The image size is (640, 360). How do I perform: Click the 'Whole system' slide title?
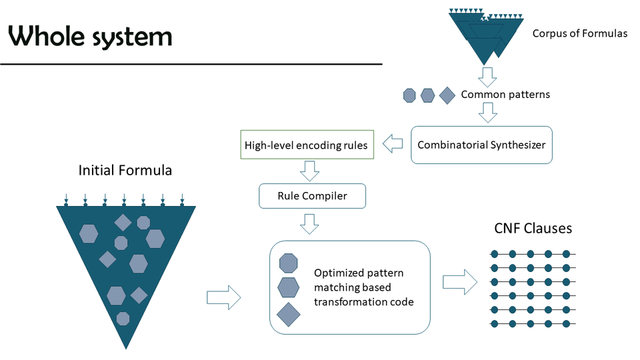tap(91, 36)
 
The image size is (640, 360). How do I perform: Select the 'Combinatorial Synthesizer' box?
tap(481, 145)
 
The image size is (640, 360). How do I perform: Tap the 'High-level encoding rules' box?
tap(306, 145)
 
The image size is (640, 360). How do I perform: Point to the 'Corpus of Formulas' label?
tap(579, 33)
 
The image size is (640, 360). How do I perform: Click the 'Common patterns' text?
tap(505, 95)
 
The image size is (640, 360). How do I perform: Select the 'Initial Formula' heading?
tap(125, 171)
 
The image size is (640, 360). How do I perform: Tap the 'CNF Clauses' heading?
tap(533, 229)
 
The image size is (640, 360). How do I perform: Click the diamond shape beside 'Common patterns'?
tap(446, 96)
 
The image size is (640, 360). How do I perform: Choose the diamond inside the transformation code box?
tap(288, 314)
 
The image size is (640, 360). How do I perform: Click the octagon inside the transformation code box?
tap(288, 263)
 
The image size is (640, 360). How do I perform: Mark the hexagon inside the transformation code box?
tap(288, 287)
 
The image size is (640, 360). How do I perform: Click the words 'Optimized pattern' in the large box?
tap(359, 273)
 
